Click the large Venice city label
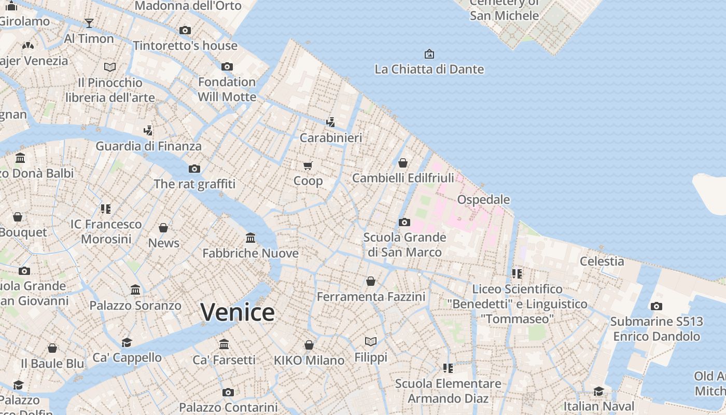pos(238,312)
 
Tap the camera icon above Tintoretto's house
pos(185,30)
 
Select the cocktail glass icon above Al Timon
pos(89,23)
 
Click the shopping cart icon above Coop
pos(308,165)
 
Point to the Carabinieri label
pos(331,138)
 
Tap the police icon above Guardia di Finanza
pos(148,130)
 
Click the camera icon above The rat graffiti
pos(194,169)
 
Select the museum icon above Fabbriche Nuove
pos(250,238)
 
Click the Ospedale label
pos(483,200)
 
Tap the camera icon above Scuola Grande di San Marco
pos(404,222)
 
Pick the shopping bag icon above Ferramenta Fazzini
pos(371,281)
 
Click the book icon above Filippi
pos(371,341)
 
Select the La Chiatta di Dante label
pos(429,69)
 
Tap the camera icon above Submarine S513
pos(657,306)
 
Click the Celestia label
pos(602,261)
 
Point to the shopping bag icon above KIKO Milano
pos(309,345)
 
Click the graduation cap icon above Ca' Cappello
pos(127,342)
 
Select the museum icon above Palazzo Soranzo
pos(135,289)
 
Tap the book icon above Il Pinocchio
pos(110,67)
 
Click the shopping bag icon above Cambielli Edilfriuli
pos(403,163)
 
